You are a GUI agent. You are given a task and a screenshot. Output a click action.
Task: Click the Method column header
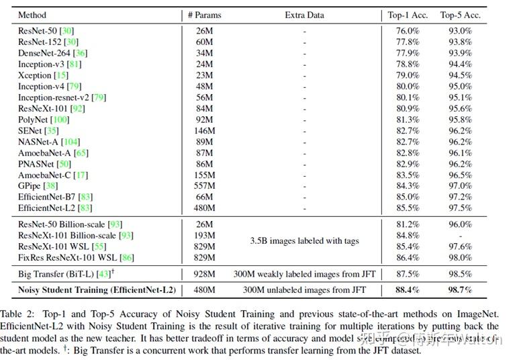coord(32,15)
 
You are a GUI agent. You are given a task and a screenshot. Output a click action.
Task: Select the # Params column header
coord(204,15)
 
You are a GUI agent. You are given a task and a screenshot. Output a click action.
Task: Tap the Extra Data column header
coord(304,15)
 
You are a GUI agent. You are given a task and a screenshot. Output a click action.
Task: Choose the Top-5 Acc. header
coord(457,15)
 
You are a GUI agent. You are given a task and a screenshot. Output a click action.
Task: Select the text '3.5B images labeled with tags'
coord(304,240)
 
